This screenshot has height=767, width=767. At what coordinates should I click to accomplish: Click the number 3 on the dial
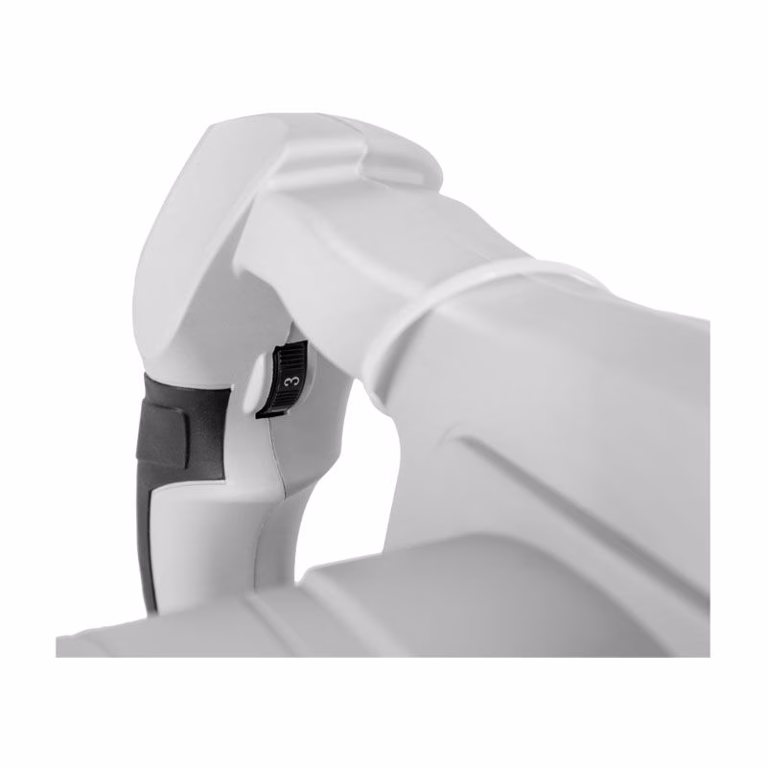pyautogui.click(x=291, y=381)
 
